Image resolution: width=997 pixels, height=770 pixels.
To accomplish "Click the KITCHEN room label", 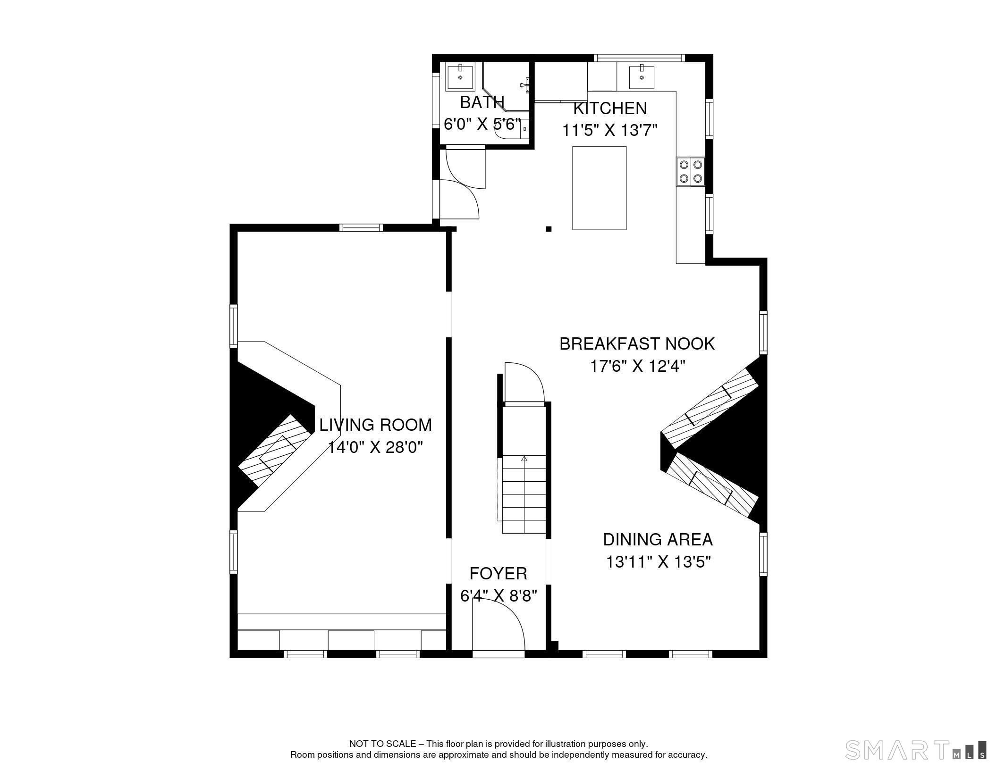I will click(609, 109).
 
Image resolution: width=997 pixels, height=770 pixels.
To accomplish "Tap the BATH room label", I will click(482, 102).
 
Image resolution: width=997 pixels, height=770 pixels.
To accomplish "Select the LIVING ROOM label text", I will click(375, 425).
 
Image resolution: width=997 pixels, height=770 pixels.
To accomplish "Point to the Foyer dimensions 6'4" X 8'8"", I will click(498, 596).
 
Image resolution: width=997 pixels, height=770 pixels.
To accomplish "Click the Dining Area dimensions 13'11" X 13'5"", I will click(658, 562).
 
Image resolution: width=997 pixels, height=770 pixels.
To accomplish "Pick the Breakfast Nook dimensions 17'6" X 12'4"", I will click(637, 366).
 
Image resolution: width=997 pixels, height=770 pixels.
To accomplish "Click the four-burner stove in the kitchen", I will click(691, 172).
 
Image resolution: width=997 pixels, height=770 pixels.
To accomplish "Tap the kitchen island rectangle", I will click(599, 188).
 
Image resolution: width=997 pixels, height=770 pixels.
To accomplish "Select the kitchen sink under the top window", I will click(642, 77).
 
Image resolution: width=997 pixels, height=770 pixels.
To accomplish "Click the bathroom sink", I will click(460, 77).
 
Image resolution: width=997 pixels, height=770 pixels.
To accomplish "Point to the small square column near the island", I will click(549, 229).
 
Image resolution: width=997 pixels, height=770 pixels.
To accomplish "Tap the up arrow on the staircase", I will click(524, 459).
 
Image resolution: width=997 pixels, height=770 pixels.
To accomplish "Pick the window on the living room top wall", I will click(361, 228).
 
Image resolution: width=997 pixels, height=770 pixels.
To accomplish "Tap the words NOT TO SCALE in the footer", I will click(382, 744).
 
